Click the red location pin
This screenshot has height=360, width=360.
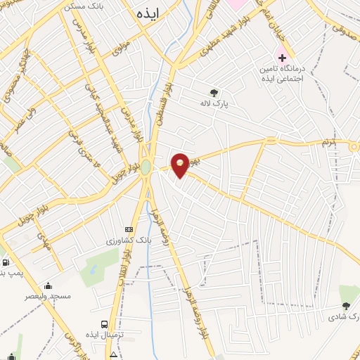click(180, 165)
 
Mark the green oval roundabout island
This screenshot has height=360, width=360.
click(146, 167)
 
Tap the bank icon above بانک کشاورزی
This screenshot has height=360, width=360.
click(129, 229)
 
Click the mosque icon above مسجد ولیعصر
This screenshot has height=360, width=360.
click(48, 285)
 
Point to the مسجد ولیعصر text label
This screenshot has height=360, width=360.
click(49, 297)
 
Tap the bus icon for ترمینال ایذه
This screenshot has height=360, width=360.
click(105, 324)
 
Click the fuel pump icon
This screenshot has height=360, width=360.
click(6, 263)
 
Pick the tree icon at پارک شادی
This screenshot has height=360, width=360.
click(345, 305)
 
